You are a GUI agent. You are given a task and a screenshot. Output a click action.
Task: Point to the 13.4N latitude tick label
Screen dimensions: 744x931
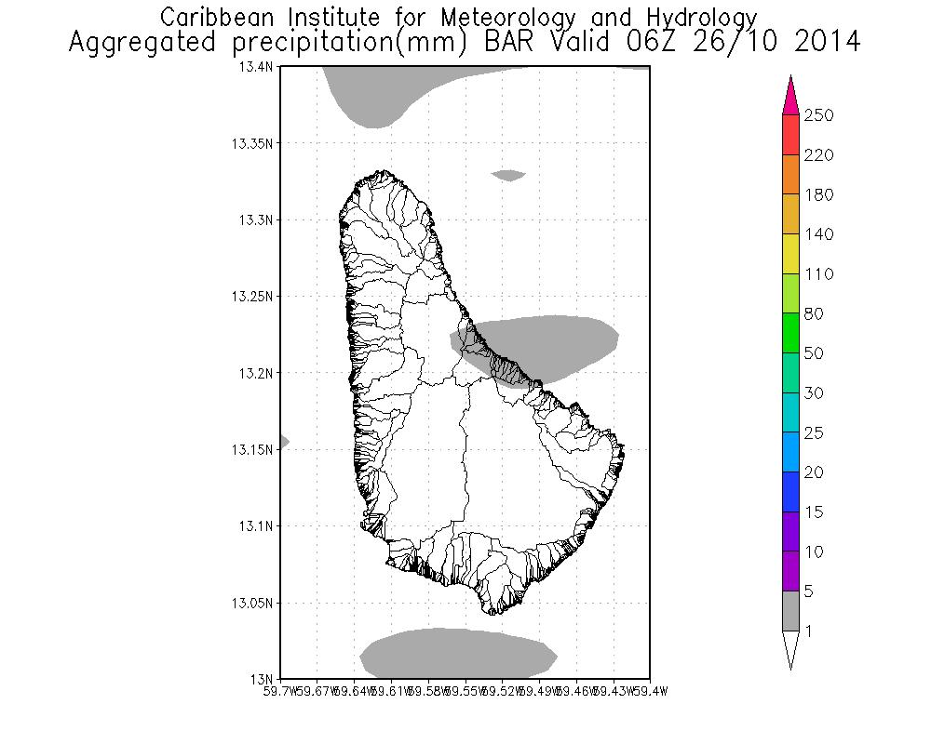tap(256, 67)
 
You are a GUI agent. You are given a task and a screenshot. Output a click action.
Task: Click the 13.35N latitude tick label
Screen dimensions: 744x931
tap(253, 143)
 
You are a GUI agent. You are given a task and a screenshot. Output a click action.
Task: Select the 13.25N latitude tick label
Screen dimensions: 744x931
tap(253, 297)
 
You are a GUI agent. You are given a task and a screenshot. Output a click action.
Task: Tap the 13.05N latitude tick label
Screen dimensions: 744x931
tap(253, 603)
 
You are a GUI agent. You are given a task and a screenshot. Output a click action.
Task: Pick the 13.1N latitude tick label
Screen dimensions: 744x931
tap(256, 526)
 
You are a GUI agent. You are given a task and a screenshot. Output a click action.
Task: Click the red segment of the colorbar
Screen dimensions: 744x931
tap(790, 135)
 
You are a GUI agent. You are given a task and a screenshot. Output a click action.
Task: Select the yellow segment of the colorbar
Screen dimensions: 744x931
tap(790, 254)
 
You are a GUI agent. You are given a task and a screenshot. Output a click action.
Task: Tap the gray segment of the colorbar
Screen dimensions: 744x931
tap(790, 611)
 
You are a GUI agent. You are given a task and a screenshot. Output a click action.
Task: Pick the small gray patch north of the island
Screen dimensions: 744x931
tap(509, 174)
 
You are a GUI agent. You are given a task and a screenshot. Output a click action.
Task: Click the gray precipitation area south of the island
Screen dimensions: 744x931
tap(458, 653)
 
